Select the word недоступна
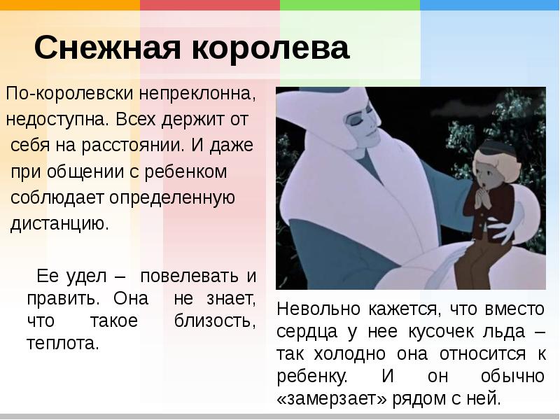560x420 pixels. tap(57, 119)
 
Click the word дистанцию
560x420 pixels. tap(59, 224)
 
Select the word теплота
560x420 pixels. tap(63, 344)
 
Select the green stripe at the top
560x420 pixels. tap(349, 5)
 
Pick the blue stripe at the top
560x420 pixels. tap(489, 5)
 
